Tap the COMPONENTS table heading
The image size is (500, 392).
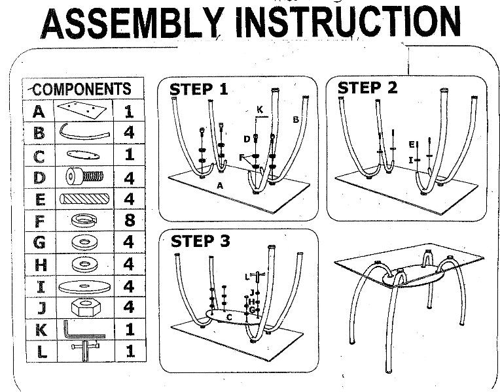tap(82, 89)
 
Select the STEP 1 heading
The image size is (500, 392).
tap(199, 89)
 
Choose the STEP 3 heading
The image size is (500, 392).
tap(201, 241)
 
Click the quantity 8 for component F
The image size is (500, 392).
tap(129, 221)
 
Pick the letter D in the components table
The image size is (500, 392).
tap(39, 177)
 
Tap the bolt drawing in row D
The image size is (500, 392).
tap(84, 177)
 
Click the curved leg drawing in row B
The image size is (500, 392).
tap(82, 133)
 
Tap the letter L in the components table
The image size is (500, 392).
tap(39, 351)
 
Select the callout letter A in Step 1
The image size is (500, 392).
tap(221, 186)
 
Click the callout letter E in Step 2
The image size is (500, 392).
tap(412, 144)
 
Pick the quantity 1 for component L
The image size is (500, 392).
tap(129, 351)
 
